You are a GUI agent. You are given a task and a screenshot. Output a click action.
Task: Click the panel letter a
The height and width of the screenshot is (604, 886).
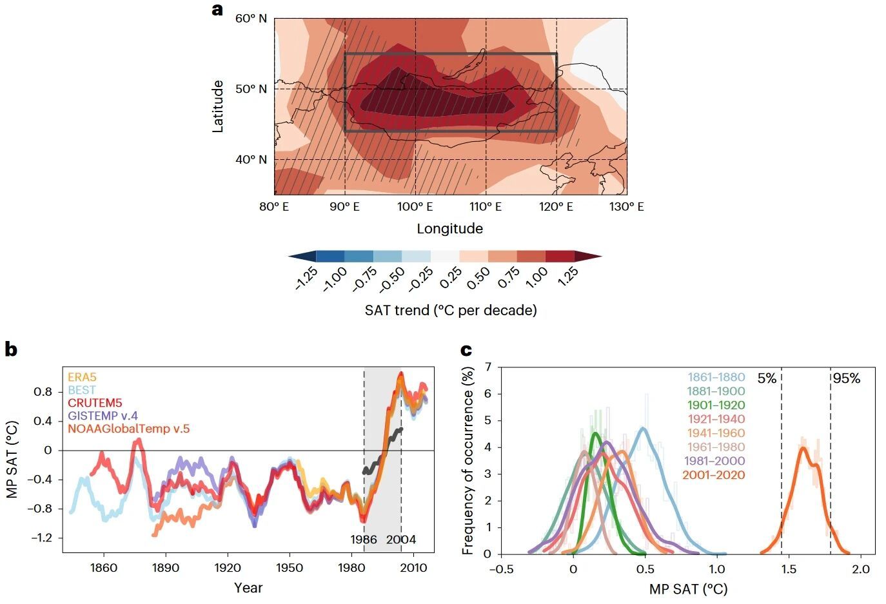(218, 10)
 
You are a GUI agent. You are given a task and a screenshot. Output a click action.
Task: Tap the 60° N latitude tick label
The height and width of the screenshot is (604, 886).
(251, 19)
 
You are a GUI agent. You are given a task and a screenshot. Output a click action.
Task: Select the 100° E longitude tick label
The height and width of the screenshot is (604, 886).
(415, 207)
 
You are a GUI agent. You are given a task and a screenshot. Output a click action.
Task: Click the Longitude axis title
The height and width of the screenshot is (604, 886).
(449, 229)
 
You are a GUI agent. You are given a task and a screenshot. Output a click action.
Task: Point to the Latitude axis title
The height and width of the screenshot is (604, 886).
(218, 106)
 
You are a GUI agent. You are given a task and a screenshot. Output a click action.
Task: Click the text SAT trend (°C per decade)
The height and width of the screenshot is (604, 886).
(451, 311)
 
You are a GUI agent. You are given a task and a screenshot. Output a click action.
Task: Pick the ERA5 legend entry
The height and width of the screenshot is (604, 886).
(82, 377)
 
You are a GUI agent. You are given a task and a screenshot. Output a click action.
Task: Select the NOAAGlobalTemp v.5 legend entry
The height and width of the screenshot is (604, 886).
(128, 429)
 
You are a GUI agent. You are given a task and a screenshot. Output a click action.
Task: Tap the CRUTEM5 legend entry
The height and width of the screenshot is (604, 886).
(95, 403)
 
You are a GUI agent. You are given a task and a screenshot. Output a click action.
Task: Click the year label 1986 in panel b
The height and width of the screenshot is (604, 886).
(364, 540)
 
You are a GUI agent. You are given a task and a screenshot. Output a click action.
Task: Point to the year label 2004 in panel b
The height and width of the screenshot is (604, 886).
(401, 540)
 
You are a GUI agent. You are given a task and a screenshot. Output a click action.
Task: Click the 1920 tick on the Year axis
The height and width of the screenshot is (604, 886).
(228, 568)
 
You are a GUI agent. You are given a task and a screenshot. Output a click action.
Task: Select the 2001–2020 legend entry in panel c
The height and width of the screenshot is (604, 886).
(713, 475)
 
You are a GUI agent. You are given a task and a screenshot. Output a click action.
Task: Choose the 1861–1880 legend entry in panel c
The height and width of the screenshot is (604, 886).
(716, 377)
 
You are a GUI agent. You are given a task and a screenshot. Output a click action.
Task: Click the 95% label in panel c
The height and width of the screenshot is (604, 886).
(846, 378)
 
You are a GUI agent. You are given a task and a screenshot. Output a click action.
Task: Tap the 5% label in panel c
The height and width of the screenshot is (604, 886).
(767, 378)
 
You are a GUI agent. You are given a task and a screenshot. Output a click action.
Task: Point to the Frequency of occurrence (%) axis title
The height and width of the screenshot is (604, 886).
(468, 460)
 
